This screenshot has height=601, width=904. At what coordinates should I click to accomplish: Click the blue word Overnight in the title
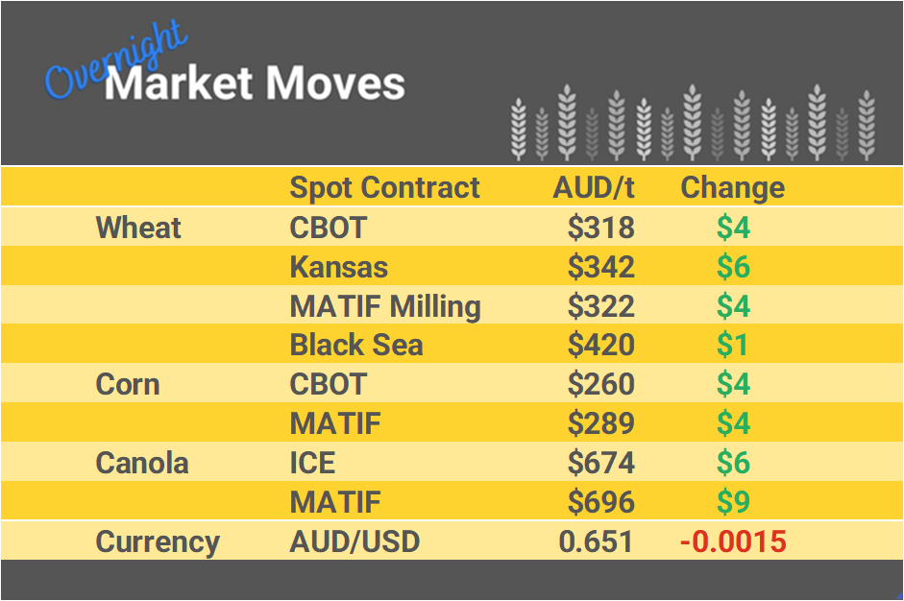(115, 60)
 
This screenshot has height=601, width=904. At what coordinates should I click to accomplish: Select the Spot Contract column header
(384, 187)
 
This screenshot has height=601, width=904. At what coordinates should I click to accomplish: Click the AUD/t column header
(594, 187)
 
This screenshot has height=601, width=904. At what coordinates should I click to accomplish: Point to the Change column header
(732, 187)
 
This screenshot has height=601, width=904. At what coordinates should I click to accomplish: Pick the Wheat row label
(138, 228)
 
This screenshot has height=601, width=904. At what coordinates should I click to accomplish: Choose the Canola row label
(142, 463)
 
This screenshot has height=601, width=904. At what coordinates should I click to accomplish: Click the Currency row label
(158, 541)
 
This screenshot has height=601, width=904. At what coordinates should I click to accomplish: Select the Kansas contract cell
(339, 267)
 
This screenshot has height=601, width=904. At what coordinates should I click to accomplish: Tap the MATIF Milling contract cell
(385, 306)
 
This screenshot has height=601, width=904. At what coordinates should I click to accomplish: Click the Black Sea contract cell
(356, 345)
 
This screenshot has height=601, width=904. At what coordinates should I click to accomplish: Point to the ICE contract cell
(312, 463)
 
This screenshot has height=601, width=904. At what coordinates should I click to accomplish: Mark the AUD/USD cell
(354, 541)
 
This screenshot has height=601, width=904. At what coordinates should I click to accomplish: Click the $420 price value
(600, 345)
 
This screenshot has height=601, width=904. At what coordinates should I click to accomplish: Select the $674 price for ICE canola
(600, 463)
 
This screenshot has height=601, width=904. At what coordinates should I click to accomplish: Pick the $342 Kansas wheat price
(600, 267)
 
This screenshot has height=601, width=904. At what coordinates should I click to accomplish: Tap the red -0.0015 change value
(732, 541)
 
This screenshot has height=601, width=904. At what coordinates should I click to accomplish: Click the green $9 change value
(733, 502)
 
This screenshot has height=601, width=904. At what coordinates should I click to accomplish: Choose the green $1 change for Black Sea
(733, 345)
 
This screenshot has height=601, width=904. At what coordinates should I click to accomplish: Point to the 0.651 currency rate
(596, 541)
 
